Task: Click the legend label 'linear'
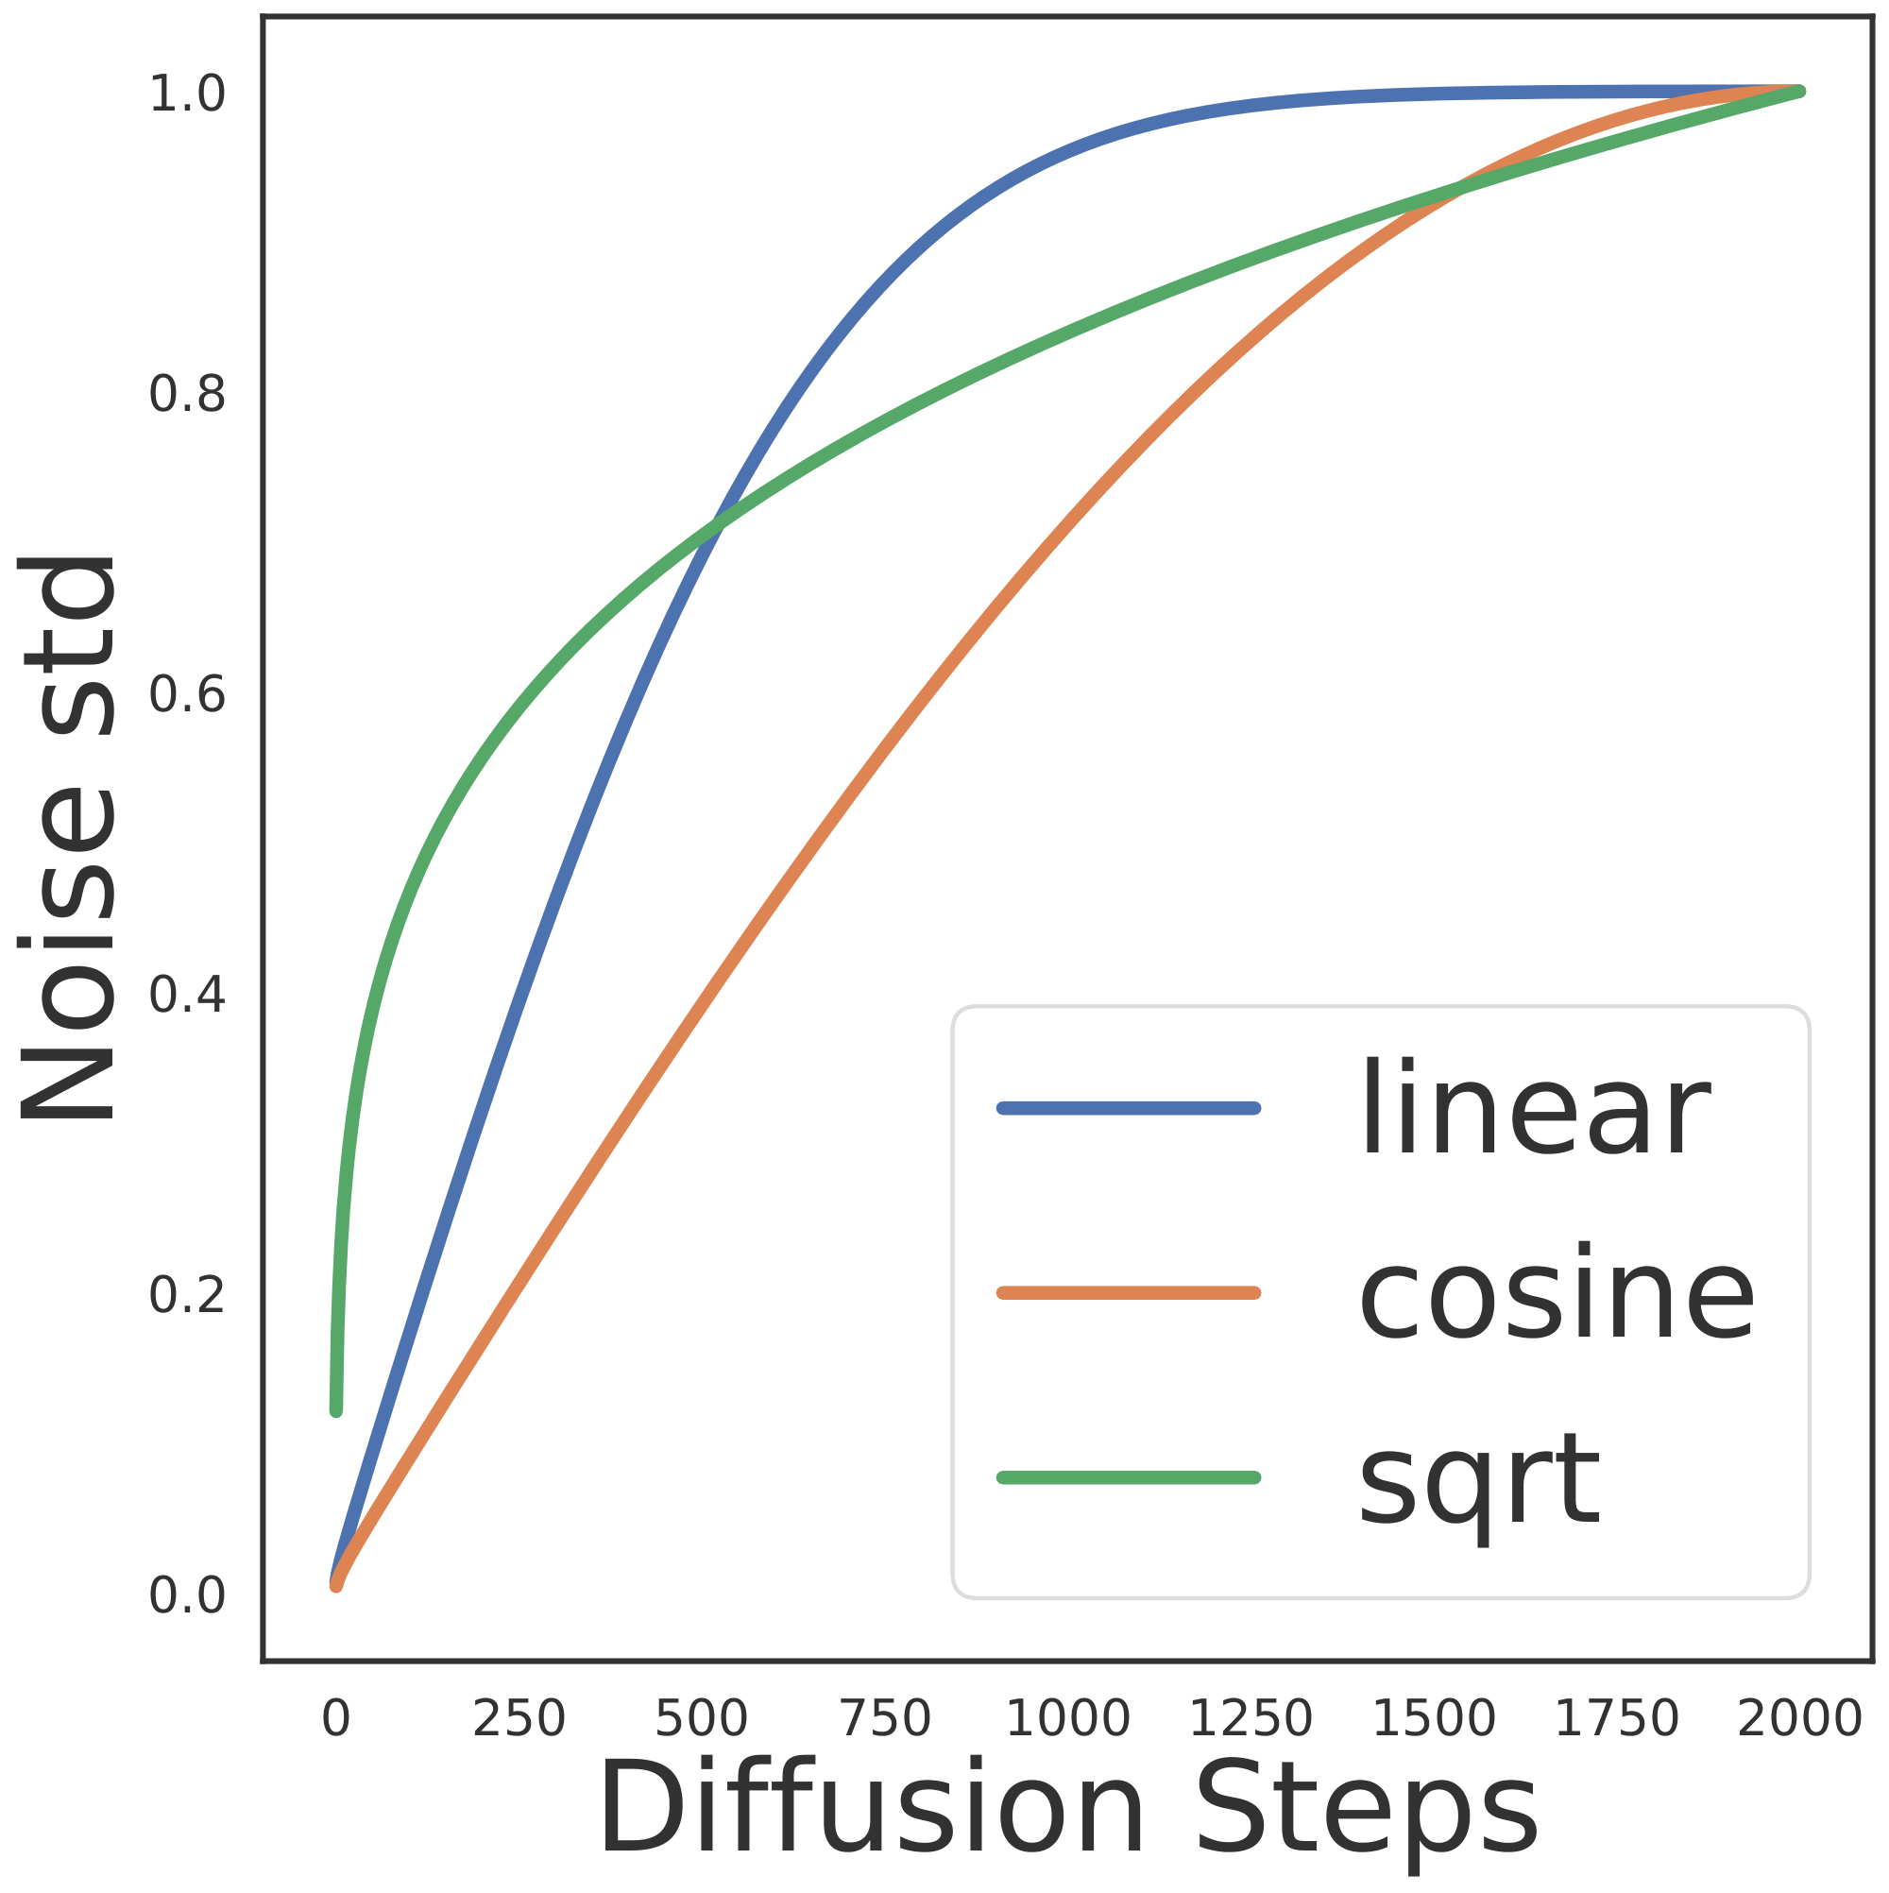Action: pyautogui.click(x=1534, y=1110)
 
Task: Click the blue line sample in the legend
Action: pyautogui.click(x=1128, y=1108)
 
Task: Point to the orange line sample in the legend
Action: pyautogui.click(x=1128, y=1293)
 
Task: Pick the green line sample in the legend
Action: pyautogui.click(x=1128, y=1477)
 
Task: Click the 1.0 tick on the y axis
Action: pyautogui.click(x=187, y=94)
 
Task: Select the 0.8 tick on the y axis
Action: pyautogui.click(x=187, y=395)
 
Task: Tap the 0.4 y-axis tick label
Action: pyautogui.click(x=187, y=996)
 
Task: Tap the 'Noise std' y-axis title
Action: pyautogui.click(x=67, y=838)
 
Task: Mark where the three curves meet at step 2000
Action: pyautogui.click(x=1799, y=93)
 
